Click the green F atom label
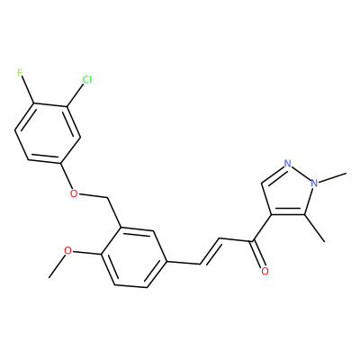tap(20, 73)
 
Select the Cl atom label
tap(87, 80)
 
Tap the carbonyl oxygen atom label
tap(265, 271)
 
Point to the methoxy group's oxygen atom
tap(68, 250)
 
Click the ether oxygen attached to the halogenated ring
tap(74, 193)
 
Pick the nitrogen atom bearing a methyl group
tap(314, 183)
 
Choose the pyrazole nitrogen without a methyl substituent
tap(288, 164)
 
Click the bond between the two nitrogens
tap(301, 173)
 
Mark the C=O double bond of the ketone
tap(258, 254)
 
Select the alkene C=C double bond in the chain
tap(210, 251)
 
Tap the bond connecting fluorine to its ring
tap(27, 90)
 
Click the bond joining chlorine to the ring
tap(75, 95)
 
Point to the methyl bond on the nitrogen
tap(332, 177)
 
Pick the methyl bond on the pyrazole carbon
tap(315, 228)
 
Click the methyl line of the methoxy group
tap(57, 266)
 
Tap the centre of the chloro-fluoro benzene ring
tap(48, 133)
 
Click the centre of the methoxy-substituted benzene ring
tap(133, 257)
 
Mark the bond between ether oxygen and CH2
tap(93, 196)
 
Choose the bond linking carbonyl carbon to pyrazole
tap(263, 228)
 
